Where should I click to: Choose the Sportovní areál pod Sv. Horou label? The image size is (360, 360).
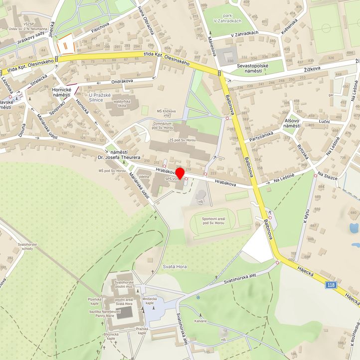215,221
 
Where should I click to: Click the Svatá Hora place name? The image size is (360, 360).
175,267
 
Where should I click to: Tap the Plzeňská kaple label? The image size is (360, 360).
95,301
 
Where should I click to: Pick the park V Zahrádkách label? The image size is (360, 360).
229,18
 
